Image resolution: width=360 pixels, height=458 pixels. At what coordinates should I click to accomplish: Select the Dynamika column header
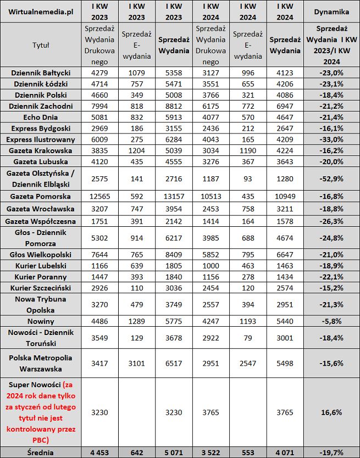[x=331, y=11]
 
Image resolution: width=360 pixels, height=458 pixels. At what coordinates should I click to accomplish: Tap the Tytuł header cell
[x=41, y=45]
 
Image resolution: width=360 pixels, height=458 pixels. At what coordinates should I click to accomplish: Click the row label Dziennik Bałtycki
[x=41, y=72]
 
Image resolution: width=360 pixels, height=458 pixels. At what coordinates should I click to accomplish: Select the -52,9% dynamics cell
[x=331, y=178]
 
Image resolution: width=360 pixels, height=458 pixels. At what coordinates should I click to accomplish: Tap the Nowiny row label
[x=41, y=321]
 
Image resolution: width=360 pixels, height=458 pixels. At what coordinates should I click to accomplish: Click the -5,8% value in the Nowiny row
[x=331, y=321]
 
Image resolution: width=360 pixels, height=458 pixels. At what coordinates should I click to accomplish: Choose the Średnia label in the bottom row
[x=41, y=452]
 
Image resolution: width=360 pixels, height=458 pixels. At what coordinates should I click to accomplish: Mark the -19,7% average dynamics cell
[x=331, y=452]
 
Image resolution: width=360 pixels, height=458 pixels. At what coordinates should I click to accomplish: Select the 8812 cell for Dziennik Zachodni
[x=174, y=105]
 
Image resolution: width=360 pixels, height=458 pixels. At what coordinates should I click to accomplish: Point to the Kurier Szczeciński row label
[x=41, y=288]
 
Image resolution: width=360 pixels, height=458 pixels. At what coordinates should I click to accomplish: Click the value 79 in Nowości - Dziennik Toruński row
[x=248, y=337]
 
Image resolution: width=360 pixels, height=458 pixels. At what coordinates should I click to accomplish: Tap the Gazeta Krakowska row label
[x=41, y=150]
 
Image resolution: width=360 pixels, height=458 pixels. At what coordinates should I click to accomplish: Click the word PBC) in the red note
[x=41, y=440]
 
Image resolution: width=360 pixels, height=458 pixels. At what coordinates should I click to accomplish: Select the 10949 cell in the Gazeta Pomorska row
[x=285, y=197]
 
